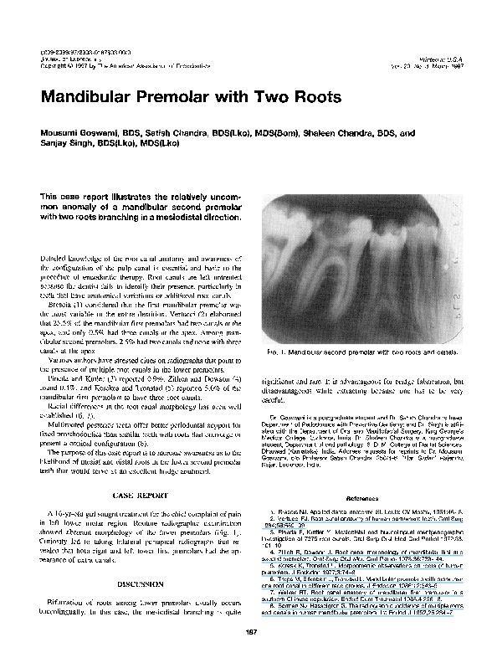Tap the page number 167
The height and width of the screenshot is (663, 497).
point(248,632)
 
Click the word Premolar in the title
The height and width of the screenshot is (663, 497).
point(178,95)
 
